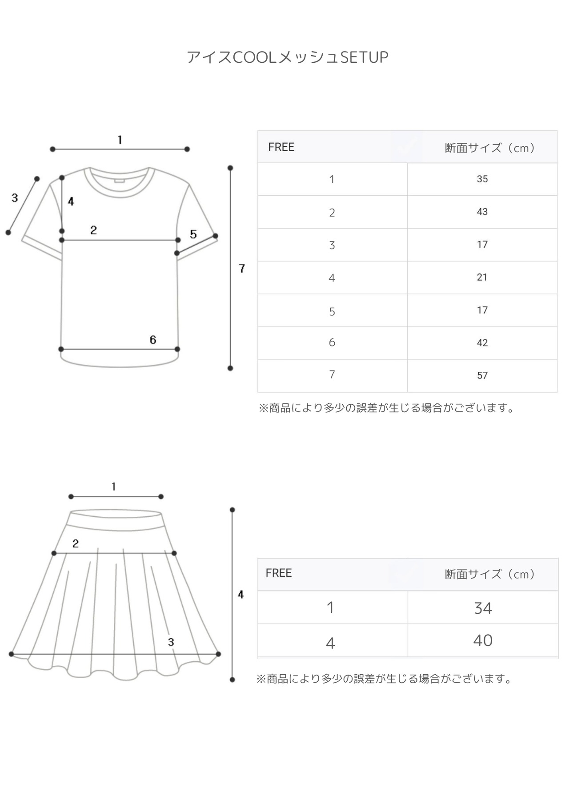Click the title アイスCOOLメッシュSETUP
coord(287,57)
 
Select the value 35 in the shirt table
coord(482,179)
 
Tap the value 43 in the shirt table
coord(482,212)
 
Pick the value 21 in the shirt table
coord(482,277)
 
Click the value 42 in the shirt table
coord(482,343)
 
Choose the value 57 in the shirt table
coord(482,375)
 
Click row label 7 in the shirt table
coord(332,374)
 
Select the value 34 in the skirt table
coord(483,608)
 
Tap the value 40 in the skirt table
coord(483,640)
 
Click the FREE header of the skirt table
coord(279,573)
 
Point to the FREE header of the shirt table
coord(281,147)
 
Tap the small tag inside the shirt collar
coord(119,180)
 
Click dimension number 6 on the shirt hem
coord(153,340)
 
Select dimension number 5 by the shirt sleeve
coord(193,234)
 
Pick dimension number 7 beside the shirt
coord(242,269)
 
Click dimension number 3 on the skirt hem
coord(171,642)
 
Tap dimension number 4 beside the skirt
coord(241,595)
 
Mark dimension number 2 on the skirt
coord(76,543)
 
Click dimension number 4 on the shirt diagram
coord(71,201)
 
